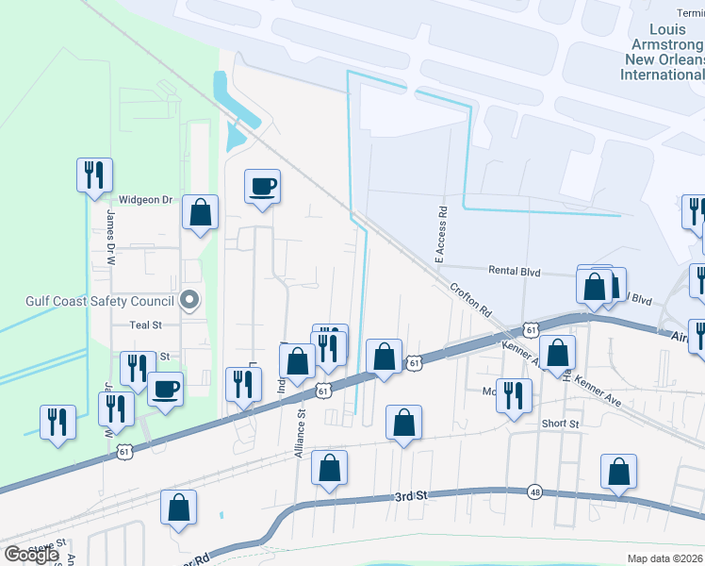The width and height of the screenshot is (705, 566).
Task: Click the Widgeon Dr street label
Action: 146,200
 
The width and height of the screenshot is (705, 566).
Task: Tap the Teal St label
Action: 146,325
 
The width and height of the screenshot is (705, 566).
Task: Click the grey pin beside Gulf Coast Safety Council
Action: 189,301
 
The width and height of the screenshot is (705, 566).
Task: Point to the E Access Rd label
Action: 438,233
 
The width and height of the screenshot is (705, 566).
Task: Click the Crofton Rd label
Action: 471,300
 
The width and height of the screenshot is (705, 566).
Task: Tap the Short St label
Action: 560,424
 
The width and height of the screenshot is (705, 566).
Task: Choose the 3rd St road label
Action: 411,495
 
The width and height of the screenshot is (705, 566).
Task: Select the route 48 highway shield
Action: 534,491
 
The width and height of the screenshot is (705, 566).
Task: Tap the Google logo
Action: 31,555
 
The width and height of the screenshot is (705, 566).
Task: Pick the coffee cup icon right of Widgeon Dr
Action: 263,185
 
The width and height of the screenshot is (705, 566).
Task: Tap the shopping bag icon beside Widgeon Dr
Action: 201,211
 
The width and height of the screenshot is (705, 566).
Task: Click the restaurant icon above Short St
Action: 514,394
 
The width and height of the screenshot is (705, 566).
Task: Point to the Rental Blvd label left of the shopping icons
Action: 515,272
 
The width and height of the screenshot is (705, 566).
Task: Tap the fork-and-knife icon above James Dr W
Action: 94,175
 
